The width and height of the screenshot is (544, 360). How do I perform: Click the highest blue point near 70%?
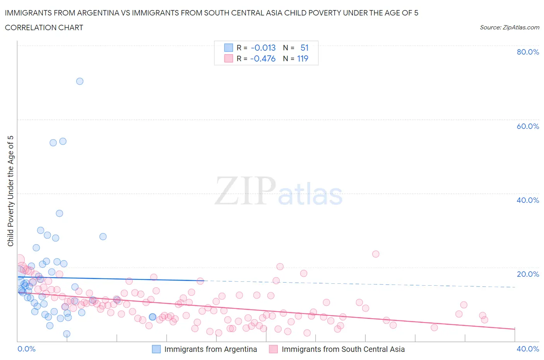click(80, 81)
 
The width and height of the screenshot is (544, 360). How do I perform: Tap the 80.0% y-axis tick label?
click(528, 52)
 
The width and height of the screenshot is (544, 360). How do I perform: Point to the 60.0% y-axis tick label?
click(528, 126)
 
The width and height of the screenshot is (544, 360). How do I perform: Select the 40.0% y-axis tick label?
click(528, 200)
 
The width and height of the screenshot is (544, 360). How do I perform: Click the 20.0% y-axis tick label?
click(528, 274)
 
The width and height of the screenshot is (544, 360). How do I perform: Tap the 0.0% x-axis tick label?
click(27, 349)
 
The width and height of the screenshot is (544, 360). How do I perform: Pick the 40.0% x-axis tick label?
click(528, 349)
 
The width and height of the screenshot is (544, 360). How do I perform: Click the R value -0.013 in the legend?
click(263, 48)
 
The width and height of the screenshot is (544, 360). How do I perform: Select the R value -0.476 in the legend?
click(263, 59)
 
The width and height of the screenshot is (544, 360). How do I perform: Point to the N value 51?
click(305, 48)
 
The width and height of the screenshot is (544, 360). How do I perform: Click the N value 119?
click(303, 59)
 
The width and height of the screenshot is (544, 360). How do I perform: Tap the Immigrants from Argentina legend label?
click(210, 349)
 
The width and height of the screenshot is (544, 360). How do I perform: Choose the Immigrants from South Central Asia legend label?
click(343, 349)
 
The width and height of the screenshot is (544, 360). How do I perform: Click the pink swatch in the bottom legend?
click(274, 349)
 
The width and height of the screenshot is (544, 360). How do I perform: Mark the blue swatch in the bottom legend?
click(156, 349)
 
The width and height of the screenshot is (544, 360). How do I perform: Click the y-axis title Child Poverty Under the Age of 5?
click(10, 191)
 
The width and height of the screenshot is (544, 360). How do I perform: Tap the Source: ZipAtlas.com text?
click(510, 27)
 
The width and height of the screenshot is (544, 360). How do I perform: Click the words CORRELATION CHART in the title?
click(44, 27)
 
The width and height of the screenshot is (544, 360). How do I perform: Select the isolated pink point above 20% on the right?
click(376, 254)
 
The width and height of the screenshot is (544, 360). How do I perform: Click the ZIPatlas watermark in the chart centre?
click(279, 191)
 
